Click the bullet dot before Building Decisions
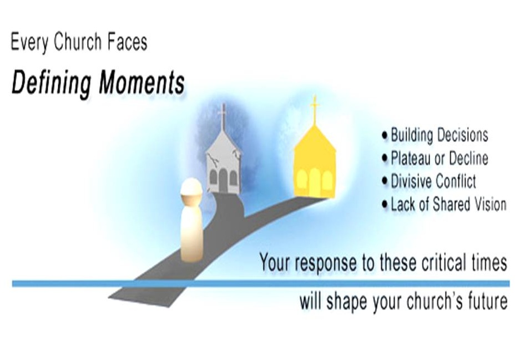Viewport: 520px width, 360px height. pos(385,135)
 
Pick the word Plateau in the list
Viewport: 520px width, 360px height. pos(411,158)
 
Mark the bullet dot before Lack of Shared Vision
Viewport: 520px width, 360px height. pos(385,205)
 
